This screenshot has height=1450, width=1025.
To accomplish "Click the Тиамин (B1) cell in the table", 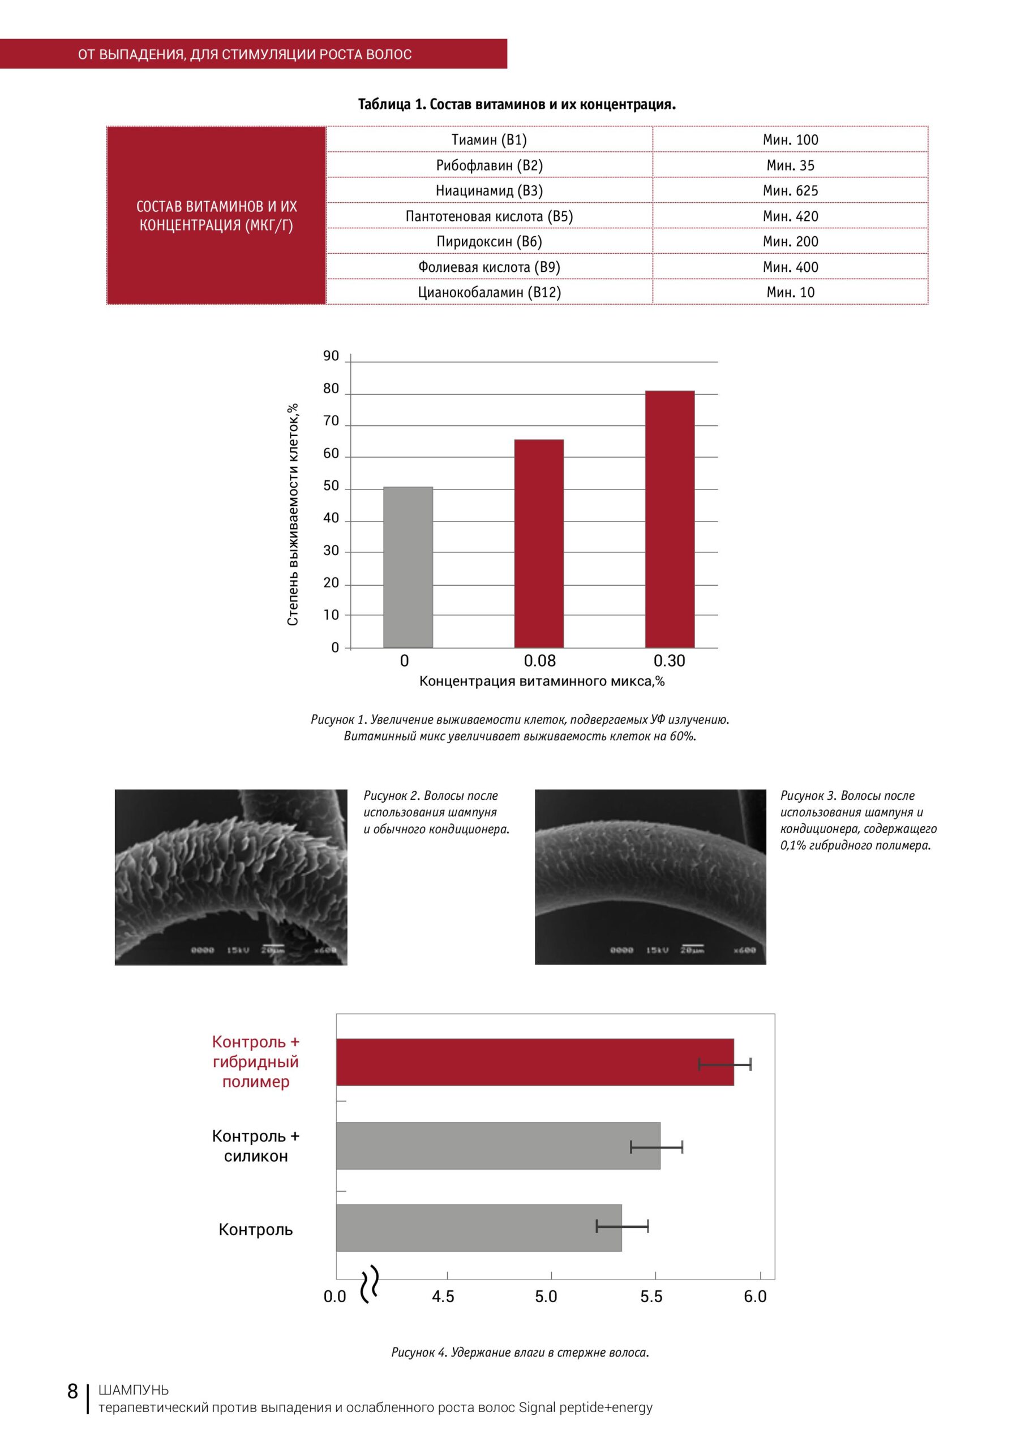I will pyautogui.click(x=489, y=139).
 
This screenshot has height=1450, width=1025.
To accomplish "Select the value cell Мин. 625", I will pyautogui.click(x=790, y=190).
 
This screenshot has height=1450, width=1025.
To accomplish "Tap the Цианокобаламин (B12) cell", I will pyautogui.click(x=489, y=292).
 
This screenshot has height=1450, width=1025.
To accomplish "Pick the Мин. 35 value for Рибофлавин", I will pyautogui.click(x=790, y=165).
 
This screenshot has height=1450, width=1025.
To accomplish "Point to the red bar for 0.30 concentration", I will pyautogui.click(x=670, y=519).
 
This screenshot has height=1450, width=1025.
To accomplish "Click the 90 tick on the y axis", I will pyautogui.click(x=331, y=356).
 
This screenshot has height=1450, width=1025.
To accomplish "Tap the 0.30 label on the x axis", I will pyautogui.click(x=669, y=660).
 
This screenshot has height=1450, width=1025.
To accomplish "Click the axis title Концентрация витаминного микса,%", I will pyautogui.click(x=542, y=681).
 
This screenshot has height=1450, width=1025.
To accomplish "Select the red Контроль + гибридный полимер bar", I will pyautogui.click(x=535, y=1061).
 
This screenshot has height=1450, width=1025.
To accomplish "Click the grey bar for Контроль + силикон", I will pyautogui.click(x=498, y=1146).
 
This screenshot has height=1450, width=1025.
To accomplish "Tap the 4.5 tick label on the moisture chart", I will pyautogui.click(x=443, y=1297).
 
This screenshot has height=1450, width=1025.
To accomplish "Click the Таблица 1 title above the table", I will pyautogui.click(x=517, y=104).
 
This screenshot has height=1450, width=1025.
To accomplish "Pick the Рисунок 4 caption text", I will pyautogui.click(x=520, y=1352).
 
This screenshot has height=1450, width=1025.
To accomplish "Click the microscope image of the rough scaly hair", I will pyautogui.click(x=231, y=877).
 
